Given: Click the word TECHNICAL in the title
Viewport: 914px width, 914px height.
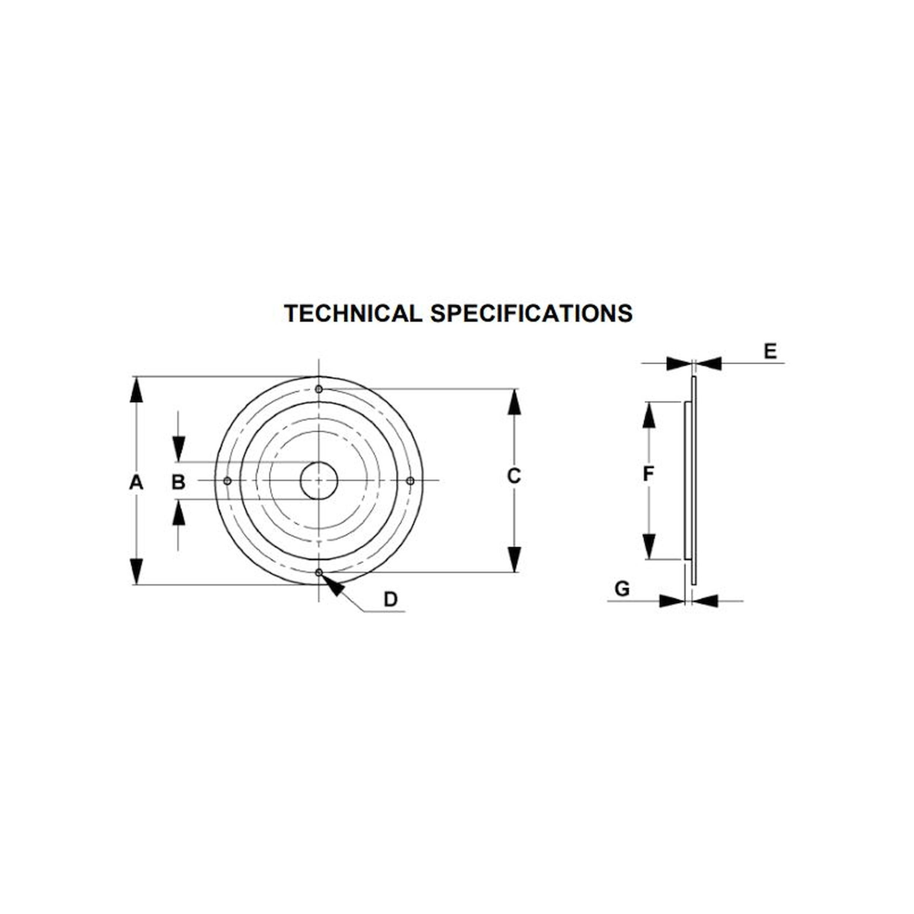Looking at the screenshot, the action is (353, 313).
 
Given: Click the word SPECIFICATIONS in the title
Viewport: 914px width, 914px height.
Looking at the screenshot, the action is (531, 313).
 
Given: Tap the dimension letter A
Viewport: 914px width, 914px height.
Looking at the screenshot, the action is (136, 482).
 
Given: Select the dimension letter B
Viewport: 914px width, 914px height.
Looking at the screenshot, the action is (178, 482).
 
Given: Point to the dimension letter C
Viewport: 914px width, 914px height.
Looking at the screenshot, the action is (514, 476).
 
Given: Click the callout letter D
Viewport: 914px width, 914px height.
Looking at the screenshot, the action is (391, 599).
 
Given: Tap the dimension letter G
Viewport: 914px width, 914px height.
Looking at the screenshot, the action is (622, 589).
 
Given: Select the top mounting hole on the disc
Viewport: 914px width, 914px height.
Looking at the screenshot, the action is (319, 389).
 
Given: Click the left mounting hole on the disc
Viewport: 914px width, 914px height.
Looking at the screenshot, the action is (227, 481).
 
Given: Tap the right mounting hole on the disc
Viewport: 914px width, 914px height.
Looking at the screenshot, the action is (410, 481).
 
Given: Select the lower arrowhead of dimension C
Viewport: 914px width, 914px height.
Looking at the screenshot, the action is (514, 559).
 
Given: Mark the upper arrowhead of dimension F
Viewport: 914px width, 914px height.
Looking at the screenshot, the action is (649, 415).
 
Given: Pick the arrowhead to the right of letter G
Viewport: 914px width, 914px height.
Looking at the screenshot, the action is (705, 601).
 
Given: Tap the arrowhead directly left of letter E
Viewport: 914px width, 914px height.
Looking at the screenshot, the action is (679, 363).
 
